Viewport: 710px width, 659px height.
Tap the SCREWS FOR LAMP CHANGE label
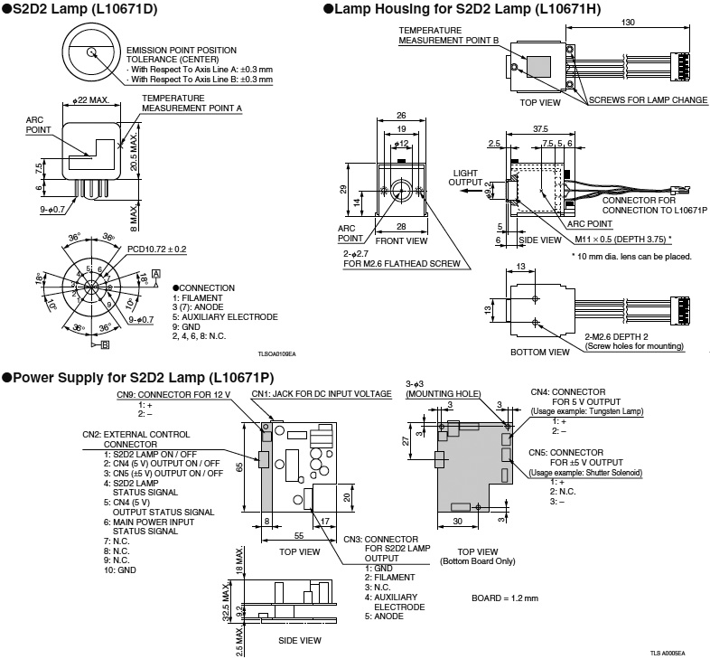click(x=648, y=100)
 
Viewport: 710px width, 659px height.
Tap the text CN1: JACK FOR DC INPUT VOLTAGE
click(x=322, y=394)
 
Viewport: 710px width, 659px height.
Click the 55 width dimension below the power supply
click(x=295, y=536)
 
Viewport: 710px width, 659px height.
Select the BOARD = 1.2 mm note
click(x=504, y=598)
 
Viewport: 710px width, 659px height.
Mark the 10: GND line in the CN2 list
click(x=120, y=570)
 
